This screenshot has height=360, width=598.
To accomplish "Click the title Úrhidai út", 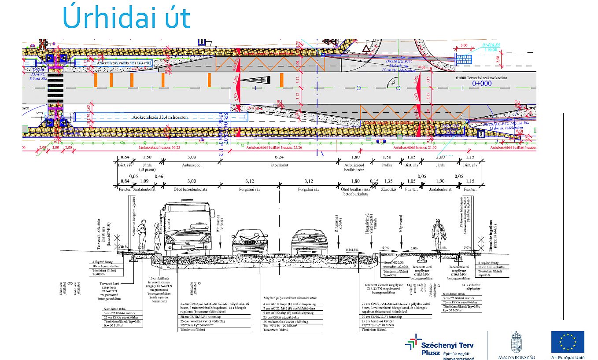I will pos(127,18).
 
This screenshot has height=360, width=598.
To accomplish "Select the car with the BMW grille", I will pos(249,242).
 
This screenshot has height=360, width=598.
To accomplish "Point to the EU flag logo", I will pos(568,342).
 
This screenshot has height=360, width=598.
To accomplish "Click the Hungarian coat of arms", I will pos(517,342).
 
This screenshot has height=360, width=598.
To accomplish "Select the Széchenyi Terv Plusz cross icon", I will pos(413,342).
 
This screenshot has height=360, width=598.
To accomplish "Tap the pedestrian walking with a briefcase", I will pos(438,236).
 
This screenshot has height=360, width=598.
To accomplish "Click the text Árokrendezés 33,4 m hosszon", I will pos(160,117).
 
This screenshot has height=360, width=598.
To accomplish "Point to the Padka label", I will pos(387,165).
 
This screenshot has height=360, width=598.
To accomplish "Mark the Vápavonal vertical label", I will pos(402,234).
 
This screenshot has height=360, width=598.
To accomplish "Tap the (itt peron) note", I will pos(148,169).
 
